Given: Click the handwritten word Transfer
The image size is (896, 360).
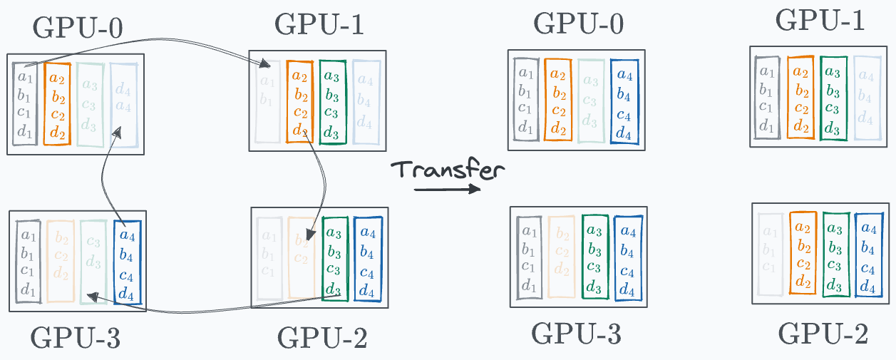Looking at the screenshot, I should (448, 170).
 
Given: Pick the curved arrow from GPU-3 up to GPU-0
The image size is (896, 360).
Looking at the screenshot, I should (105, 178).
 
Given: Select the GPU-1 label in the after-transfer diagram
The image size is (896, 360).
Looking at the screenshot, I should (820, 21).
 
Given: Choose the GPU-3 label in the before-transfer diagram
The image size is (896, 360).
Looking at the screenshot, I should (75, 339).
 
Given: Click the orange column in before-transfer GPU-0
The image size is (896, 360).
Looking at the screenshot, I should (57, 103).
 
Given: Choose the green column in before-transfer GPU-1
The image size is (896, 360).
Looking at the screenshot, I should (332, 101).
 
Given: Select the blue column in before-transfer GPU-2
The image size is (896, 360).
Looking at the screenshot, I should (367, 261).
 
